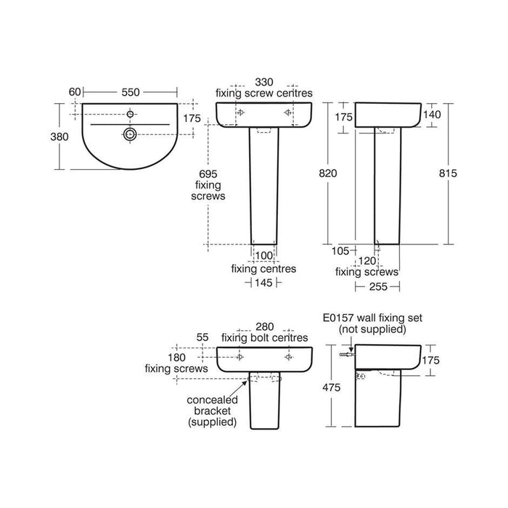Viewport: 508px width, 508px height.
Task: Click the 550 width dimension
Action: [131, 92]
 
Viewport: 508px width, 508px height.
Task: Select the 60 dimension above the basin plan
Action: [74, 92]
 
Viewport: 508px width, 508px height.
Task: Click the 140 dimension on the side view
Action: [433, 116]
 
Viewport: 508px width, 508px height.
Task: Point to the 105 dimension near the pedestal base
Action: [340, 250]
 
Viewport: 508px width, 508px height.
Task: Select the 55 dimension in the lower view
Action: [203, 337]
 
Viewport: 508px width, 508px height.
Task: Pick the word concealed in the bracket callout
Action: [209, 400]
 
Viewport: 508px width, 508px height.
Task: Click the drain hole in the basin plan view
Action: [131, 134]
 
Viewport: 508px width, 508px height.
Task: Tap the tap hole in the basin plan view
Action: [131, 114]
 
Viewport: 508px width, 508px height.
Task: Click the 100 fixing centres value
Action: [263, 255]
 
